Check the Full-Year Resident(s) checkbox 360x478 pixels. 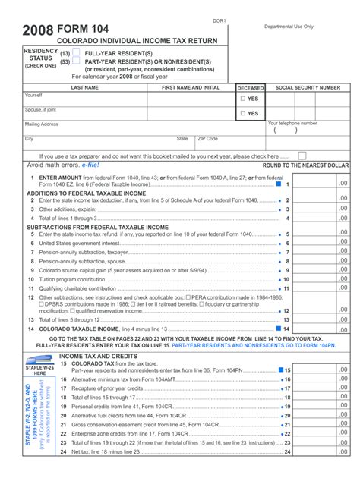[x=76, y=54]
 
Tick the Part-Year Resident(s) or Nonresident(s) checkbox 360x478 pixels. [x=76, y=62]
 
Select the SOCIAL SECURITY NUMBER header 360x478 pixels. [x=308, y=88]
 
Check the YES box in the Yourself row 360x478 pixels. [x=242, y=99]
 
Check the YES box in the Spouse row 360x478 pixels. [x=242, y=114]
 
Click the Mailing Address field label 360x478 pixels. [x=42, y=124]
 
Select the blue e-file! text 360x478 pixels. [x=87, y=165]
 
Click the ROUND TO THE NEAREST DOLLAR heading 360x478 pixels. [x=305, y=165]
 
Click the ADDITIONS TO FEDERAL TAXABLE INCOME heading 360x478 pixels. [x=86, y=193]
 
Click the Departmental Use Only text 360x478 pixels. [x=289, y=26]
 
